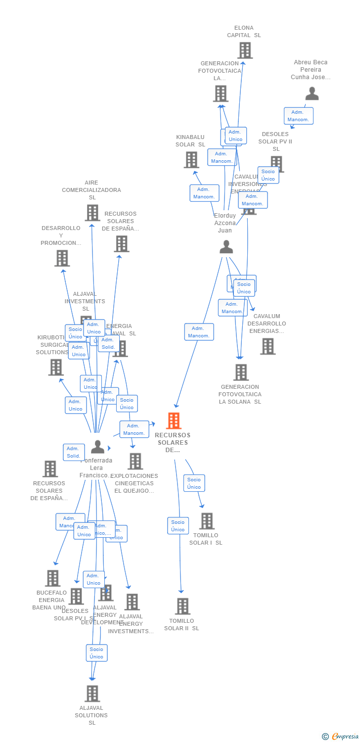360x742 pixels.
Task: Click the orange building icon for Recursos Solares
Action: [174, 420]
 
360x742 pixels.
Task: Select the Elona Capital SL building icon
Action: [245, 50]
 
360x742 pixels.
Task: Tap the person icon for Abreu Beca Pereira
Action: [312, 93]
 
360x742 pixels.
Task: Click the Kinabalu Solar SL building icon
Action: [191, 160]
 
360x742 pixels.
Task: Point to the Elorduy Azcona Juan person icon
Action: [226, 246]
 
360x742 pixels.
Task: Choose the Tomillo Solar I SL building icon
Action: [207, 521]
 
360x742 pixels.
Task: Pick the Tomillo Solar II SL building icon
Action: [182, 606]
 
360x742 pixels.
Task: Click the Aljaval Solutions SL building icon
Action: [92, 694]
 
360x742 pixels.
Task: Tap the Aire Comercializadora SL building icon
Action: [92, 213]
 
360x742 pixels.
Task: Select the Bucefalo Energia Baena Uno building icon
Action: [52, 578]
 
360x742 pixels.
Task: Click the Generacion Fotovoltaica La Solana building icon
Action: [241, 372]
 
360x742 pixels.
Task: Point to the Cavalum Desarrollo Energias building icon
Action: [268, 346]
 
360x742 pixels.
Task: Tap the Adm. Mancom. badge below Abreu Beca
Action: [298, 116]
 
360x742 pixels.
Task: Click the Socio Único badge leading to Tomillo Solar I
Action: [194, 483]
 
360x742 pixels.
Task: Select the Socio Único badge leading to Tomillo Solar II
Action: [178, 525]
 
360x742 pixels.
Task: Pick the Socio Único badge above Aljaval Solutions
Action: [96, 653]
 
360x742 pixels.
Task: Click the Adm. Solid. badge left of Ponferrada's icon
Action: [74, 452]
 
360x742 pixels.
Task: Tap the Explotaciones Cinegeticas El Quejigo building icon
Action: [135, 461]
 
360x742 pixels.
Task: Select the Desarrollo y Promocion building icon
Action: [62, 258]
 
